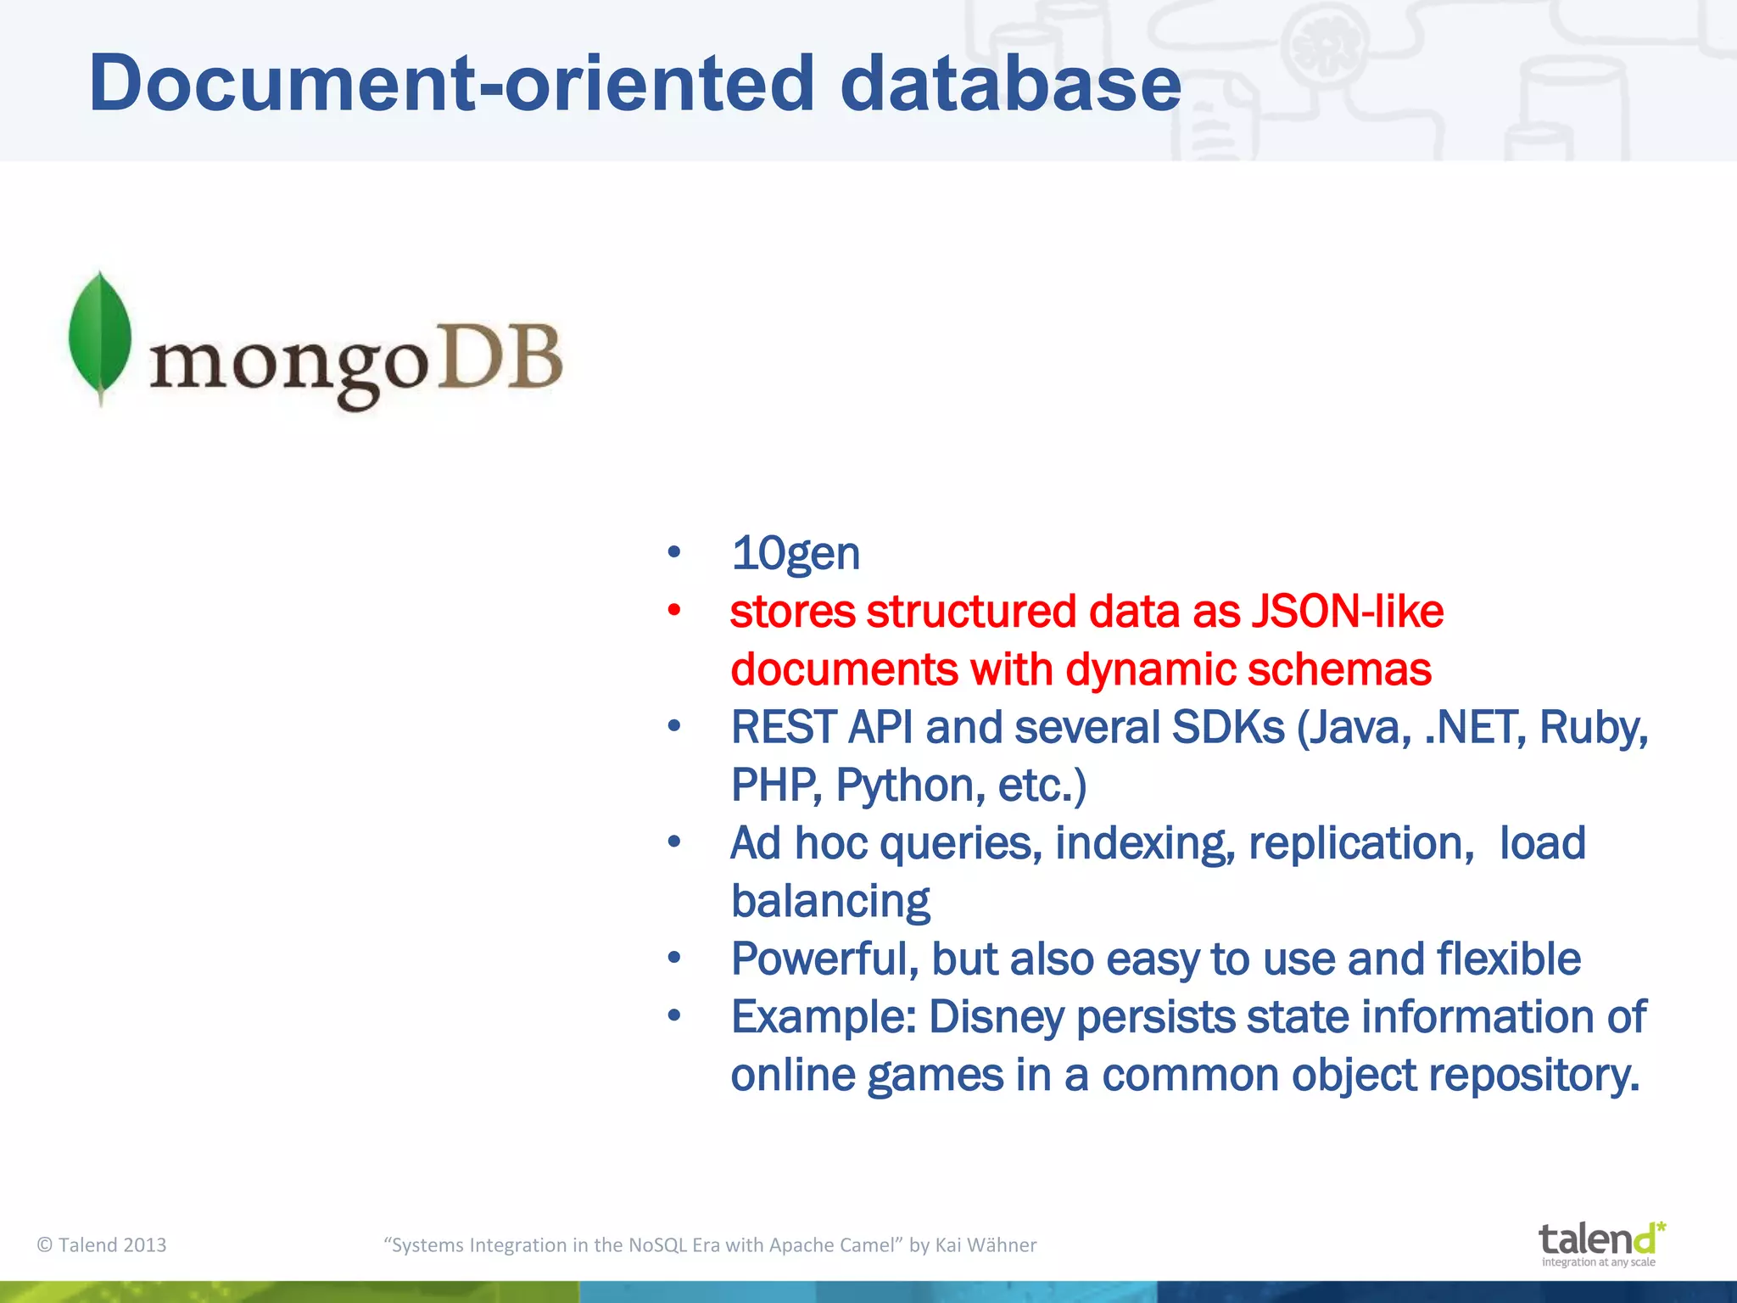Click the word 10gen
(x=796, y=554)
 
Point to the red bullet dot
(x=674, y=610)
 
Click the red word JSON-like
(x=1348, y=612)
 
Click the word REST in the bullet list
(x=783, y=728)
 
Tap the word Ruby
(x=1592, y=728)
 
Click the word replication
(x=1361, y=843)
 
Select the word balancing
(x=830, y=902)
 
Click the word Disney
(x=997, y=1017)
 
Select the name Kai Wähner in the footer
(x=986, y=1244)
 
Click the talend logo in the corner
(x=1600, y=1244)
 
